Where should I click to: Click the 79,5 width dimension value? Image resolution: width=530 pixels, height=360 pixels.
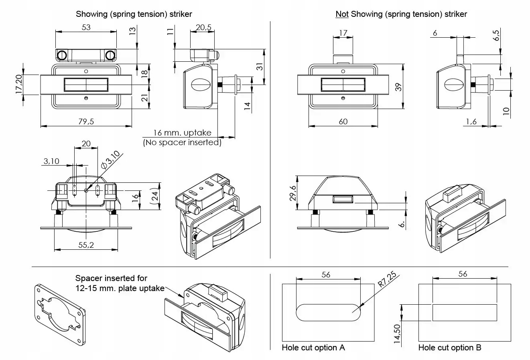(x=86, y=121)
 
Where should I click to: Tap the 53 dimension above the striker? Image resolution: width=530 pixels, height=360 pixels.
(x=86, y=27)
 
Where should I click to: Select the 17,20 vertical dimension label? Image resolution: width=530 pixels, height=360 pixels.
(x=18, y=84)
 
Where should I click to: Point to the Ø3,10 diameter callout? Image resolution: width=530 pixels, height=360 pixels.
(x=111, y=160)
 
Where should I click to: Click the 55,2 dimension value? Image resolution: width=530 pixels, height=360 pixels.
(x=86, y=245)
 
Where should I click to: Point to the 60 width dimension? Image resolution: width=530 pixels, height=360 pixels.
(x=343, y=121)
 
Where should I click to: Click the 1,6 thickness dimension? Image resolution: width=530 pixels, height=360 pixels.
(x=471, y=121)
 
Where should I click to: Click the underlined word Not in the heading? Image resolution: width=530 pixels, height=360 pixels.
(x=342, y=14)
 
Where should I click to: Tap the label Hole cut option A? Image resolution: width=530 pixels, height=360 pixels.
(x=313, y=348)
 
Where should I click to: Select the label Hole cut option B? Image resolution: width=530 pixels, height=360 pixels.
(x=450, y=348)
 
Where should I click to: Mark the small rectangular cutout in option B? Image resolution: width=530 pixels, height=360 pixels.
(x=465, y=313)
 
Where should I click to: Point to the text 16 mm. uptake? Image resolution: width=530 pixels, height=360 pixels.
(x=182, y=133)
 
